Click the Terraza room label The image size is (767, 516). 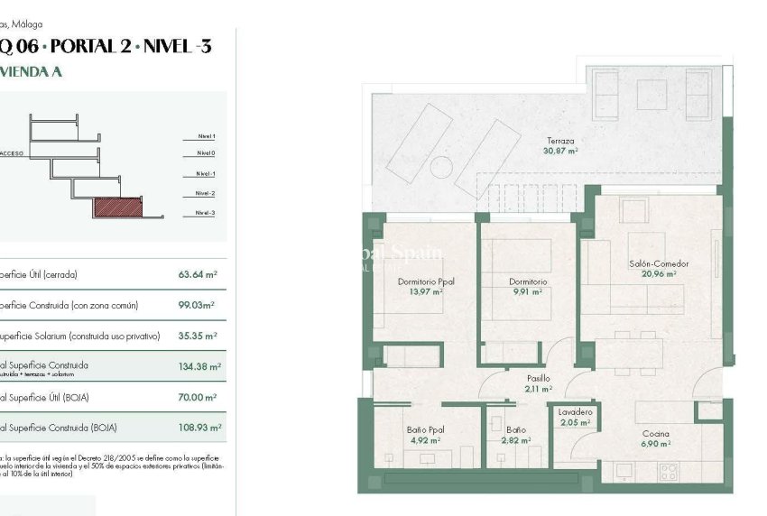click(x=560, y=141)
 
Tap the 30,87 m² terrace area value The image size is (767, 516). click(x=560, y=152)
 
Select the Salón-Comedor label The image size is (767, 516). click(x=659, y=264)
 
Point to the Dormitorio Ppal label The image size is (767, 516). click(x=426, y=281)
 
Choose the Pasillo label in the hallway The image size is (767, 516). click(x=539, y=379)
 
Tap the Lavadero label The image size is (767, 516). click(x=575, y=412)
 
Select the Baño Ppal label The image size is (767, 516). click(x=426, y=430)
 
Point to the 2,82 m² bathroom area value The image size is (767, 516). click(x=516, y=440)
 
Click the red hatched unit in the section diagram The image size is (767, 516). click(x=118, y=208)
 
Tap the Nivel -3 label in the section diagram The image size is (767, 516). click(x=205, y=213)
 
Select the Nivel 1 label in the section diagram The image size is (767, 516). click(x=206, y=136)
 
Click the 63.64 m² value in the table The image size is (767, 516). click(x=198, y=274)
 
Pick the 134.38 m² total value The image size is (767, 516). click(x=199, y=367)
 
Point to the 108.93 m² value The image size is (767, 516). click(x=199, y=428)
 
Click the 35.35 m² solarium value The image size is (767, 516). click(x=199, y=336)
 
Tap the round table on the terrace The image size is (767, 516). click(x=442, y=168)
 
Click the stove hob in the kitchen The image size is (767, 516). click(x=669, y=471)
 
